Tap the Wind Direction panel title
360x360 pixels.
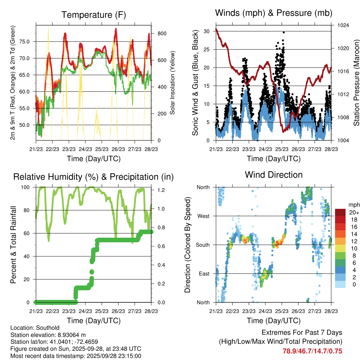274,175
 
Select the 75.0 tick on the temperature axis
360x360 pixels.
28,41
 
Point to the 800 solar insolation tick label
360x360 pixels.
161,33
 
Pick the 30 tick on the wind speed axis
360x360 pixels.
207,31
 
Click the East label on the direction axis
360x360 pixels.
204,274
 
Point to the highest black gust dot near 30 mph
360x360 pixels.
283,32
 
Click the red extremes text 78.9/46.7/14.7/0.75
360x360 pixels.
312,351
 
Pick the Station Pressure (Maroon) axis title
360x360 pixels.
356,83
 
